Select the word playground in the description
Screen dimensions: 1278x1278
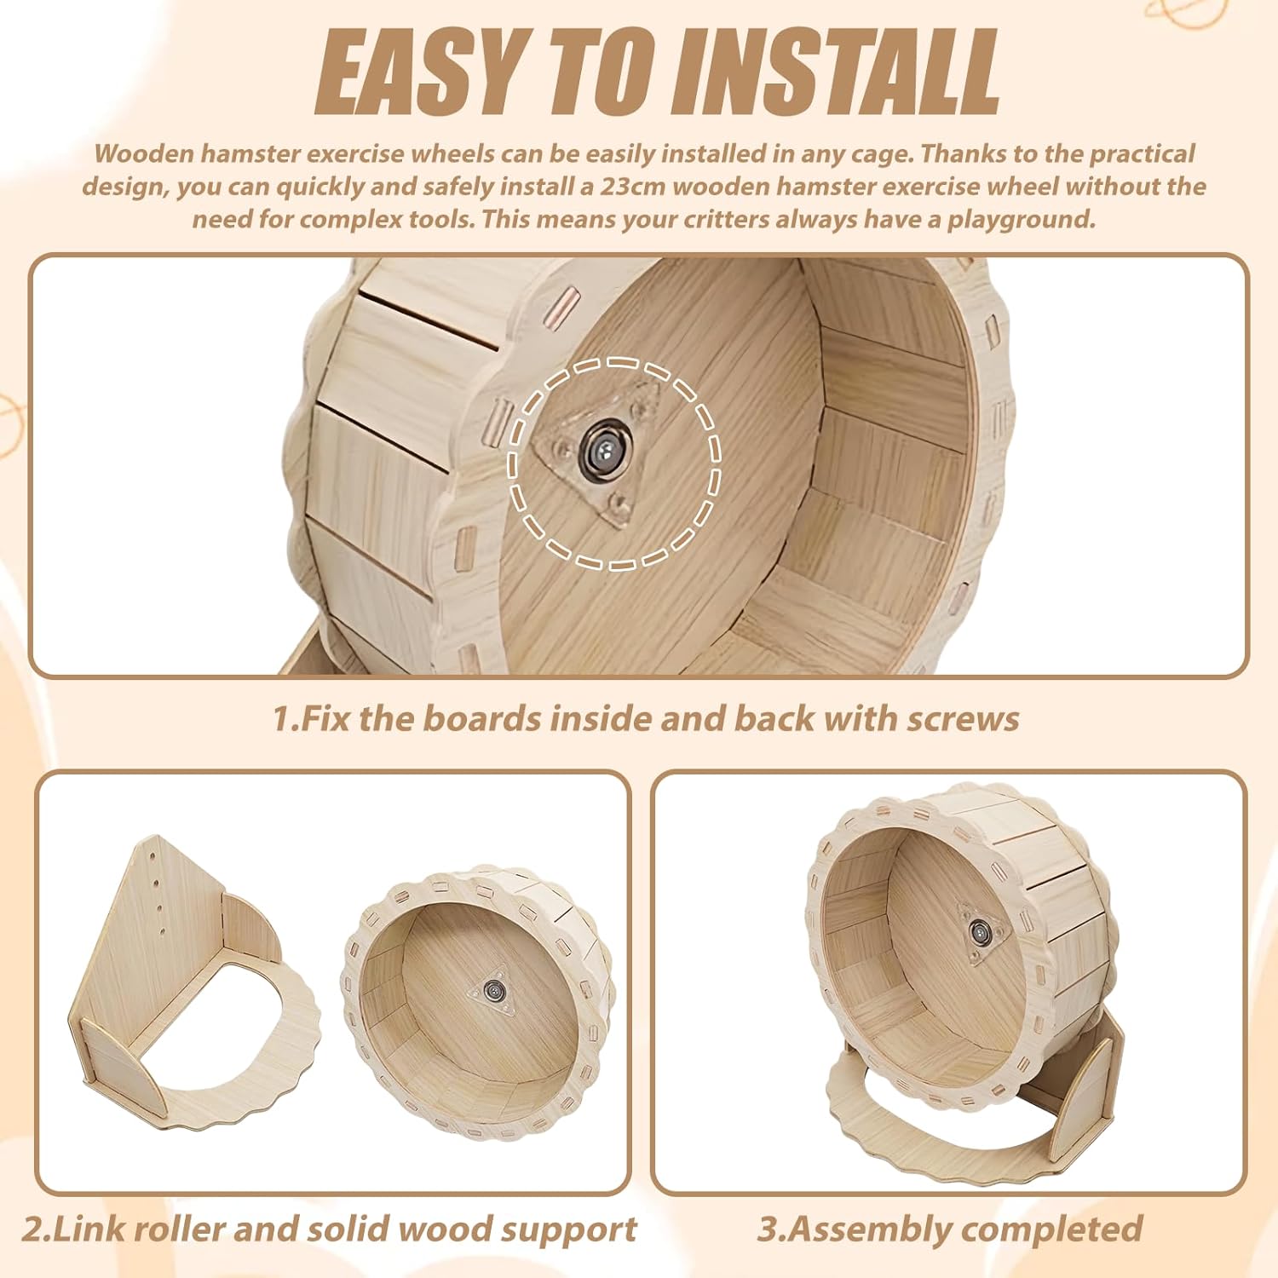tap(1021, 220)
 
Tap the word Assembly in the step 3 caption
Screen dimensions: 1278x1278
tap(856, 1230)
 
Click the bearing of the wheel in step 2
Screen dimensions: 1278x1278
tap(492, 990)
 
